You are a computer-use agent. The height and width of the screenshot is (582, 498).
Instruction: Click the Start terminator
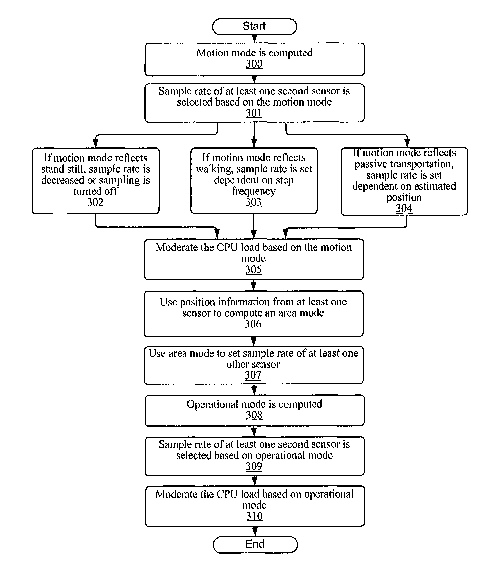point(255,27)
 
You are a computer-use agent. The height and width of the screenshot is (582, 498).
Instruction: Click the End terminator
point(255,545)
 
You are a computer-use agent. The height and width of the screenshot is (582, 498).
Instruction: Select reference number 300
point(254,64)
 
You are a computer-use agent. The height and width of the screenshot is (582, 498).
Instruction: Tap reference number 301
point(254,113)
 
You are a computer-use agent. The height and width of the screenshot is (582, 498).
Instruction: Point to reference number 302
point(95,202)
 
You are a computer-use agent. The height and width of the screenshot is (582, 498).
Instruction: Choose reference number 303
point(254,202)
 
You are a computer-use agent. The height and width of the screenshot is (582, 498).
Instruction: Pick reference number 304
point(404,208)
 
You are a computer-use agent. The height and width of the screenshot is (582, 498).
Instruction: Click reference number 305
point(254,270)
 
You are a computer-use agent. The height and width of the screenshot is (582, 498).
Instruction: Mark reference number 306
point(253,324)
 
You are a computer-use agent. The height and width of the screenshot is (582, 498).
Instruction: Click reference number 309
point(254,466)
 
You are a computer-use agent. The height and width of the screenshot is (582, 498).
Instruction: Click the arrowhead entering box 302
point(95,143)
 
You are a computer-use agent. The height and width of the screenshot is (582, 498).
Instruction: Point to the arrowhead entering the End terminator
point(255,532)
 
